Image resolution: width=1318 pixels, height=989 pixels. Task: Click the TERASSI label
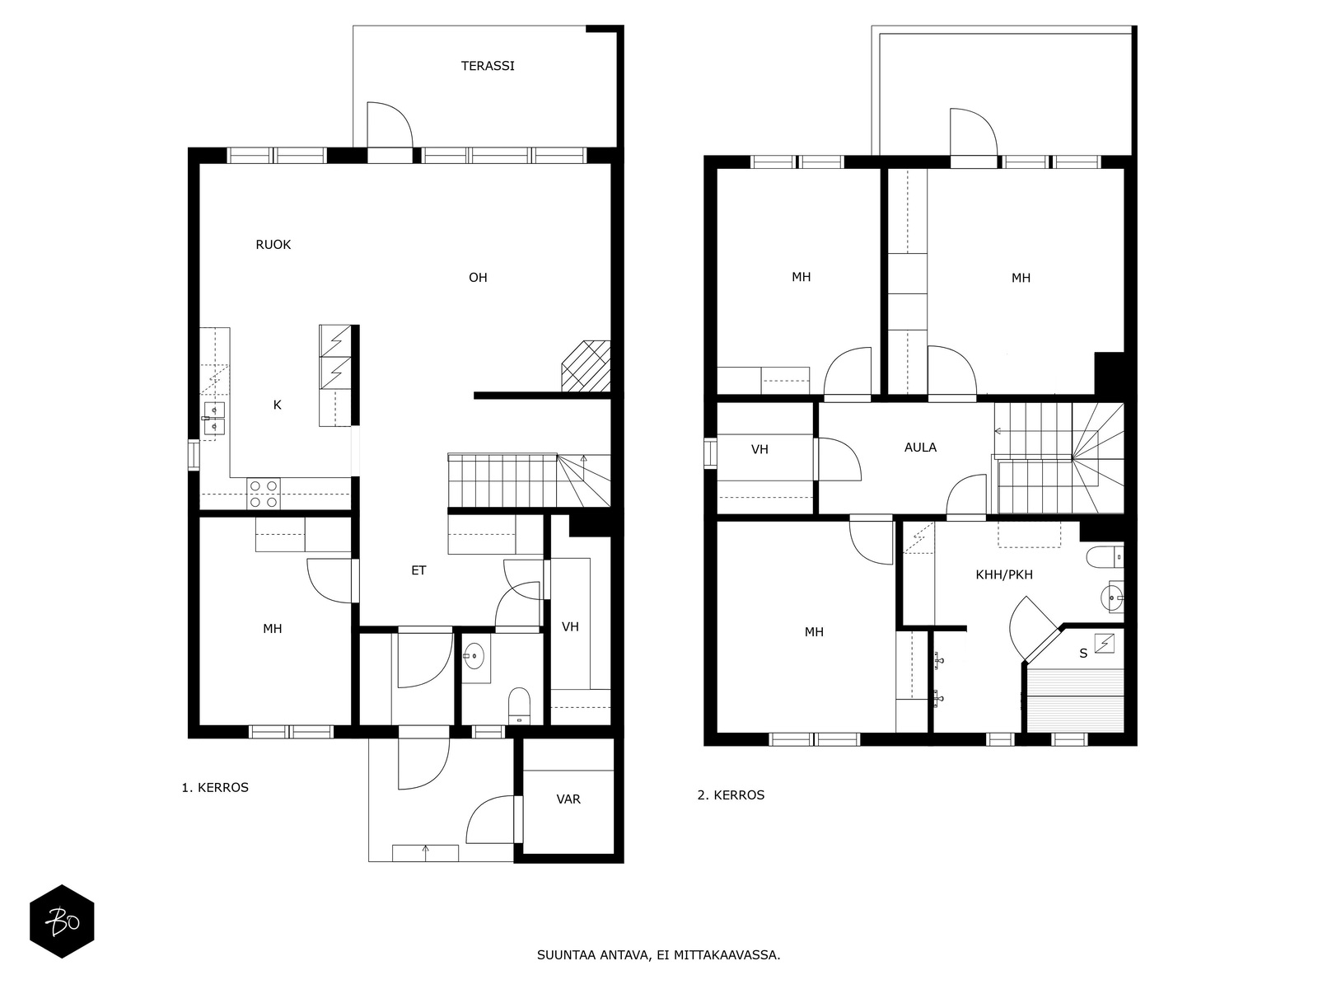coord(488,66)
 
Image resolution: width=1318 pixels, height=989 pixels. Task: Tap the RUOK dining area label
coord(273,245)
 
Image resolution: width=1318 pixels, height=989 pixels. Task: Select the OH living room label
coord(478,278)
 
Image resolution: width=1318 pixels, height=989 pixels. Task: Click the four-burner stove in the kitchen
coord(264,494)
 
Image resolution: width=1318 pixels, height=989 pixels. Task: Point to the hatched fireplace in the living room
coord(586,366)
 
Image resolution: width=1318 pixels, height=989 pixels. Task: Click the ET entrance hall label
coord(418,570)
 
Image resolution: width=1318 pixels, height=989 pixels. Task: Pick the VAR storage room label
coord(568,799)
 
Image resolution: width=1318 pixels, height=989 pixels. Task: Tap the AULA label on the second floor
coord(920,448)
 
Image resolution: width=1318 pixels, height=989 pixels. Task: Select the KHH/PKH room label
coord(1004,574)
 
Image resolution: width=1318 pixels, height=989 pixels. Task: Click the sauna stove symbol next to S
coord(1105,643)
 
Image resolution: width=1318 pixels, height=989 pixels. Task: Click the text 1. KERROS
coord(215,787)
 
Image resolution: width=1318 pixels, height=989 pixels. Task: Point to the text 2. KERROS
coord(731,795)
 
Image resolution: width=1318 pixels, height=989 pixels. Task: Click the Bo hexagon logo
coord(62,921)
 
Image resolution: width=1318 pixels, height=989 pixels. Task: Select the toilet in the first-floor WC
coord(520,706)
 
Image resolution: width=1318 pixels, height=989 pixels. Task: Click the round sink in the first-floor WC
coord(474,656)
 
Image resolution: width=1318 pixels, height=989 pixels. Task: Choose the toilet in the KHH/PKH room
coord(1105,556)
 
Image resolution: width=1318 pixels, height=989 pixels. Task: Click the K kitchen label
coord(277,405)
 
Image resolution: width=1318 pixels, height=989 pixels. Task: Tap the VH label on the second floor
coord(759,449)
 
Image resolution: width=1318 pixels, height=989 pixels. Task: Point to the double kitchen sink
coord(214,418)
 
